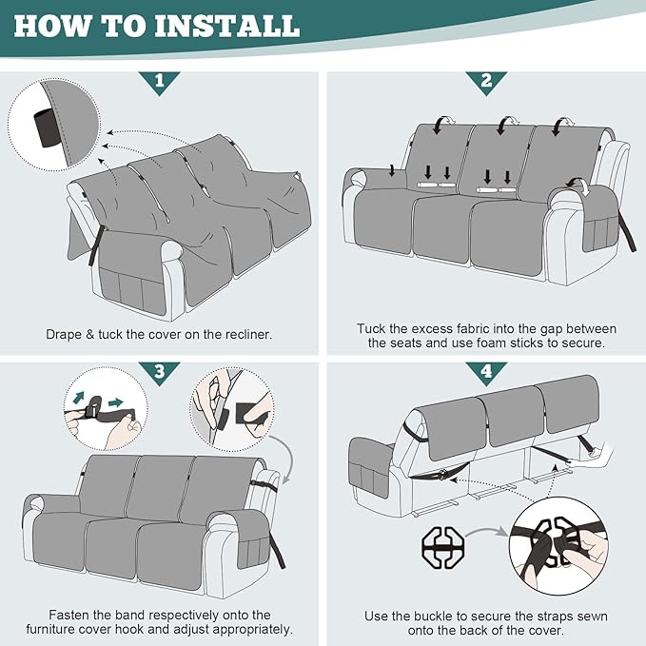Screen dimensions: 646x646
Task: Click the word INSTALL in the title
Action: (226, 26)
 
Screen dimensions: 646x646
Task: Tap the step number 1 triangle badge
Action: (160, 82)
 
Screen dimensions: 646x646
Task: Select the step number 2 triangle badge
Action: (486, 82)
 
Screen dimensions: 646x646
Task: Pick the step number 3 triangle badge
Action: (160, 372)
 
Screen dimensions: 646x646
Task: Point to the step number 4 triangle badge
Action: (486, 372)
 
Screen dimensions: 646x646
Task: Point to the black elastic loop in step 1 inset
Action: (45, 127)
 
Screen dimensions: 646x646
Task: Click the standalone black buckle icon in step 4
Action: (443, 547)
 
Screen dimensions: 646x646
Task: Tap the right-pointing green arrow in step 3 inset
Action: (116, 402)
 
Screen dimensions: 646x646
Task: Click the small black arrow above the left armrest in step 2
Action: (392, 170)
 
